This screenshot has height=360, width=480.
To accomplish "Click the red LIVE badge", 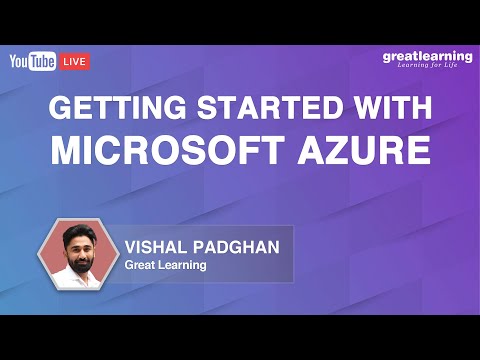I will point(75,62).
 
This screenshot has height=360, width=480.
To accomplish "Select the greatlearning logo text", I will point(427,56).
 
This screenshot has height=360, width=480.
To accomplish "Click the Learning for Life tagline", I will point(431,67).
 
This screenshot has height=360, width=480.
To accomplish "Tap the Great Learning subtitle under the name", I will point(164,265).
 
